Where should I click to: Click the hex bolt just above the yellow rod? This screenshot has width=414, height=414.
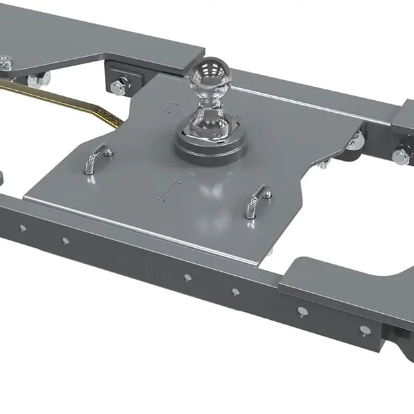click(39, 79)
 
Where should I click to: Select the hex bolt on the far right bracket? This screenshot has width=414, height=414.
click(401, 156)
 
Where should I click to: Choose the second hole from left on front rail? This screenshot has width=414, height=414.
click(65, 240)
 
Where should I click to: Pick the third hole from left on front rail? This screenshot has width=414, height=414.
click(187, 276)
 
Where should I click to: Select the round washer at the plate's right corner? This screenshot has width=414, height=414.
click(357, 141)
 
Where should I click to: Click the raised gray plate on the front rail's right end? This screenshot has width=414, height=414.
click(334, 280)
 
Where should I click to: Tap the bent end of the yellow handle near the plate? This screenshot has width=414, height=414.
click(114, 120)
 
